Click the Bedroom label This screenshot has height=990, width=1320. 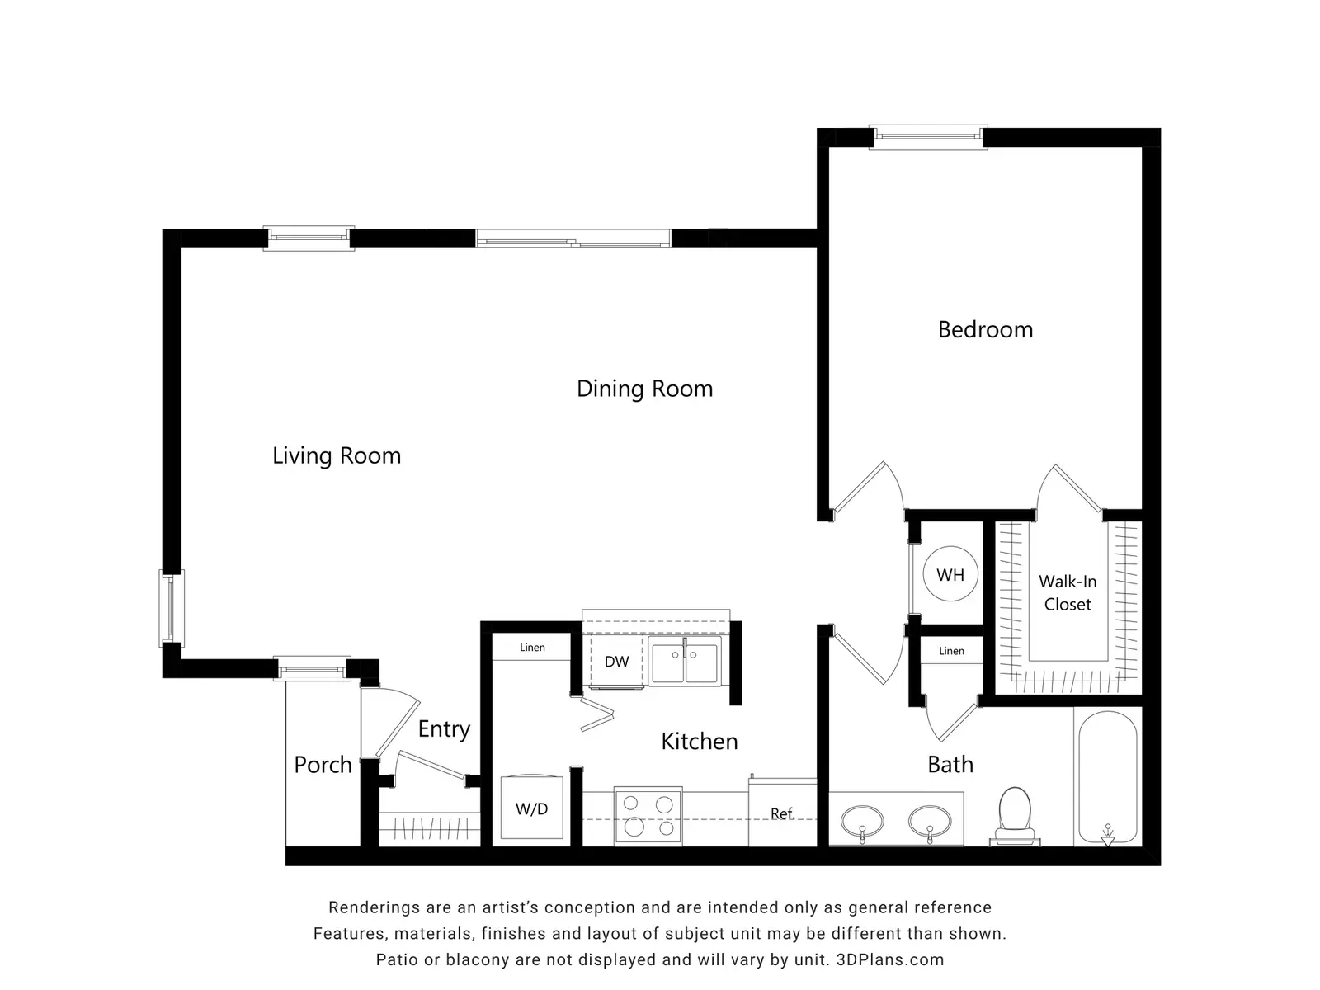pos(985,329)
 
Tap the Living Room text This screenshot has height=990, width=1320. pos(336,455)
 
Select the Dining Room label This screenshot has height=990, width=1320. pos(644,389)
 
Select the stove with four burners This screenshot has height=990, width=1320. pos(648,815)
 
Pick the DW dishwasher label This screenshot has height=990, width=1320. pos(616,662)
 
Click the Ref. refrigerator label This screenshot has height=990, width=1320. pos(782,814)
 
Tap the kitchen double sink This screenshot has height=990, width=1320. pos(685,661)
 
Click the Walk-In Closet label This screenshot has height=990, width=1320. pos(1068,592)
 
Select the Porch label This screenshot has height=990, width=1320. pos(323,765)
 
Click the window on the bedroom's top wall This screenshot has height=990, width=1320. pos(928,137)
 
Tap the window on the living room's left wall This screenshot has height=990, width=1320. pos(172,608)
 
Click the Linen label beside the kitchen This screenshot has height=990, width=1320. pos(532,648)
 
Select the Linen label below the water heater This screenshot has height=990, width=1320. pos(951,651)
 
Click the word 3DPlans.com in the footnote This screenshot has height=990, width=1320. pos(890,959)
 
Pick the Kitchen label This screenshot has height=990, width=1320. pos(700,742)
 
